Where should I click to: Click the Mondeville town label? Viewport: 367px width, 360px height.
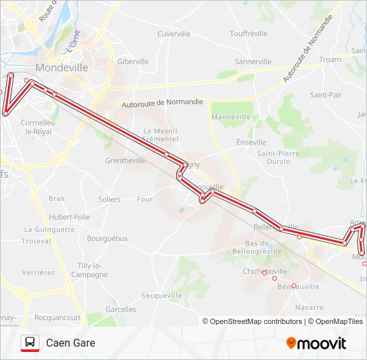(x=61, y=67)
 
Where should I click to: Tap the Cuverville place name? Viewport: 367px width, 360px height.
(x=174, y=33)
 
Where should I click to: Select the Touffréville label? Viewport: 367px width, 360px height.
(x=248, y=33)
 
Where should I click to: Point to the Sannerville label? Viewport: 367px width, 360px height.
(x=254, y=61)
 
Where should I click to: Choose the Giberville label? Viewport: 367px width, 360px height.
(x=133, y=61)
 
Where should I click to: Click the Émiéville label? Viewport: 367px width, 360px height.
(x=251, y=142)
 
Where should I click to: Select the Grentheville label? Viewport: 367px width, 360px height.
(x=125, y=161)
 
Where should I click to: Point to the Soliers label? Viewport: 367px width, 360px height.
(x=109, y=199)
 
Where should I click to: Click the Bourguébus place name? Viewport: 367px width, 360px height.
(x=107, y=238)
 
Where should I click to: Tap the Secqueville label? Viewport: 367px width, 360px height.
(x=161, y=295)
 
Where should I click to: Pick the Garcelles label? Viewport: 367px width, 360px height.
(x=121, y=309)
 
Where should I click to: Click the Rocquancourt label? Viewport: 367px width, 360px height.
(x=57, y=318)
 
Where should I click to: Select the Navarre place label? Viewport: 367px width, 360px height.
(x=309, y=307)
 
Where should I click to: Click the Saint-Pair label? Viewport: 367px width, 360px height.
(x=326, y=95)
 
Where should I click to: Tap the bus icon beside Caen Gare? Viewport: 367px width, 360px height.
(x=30, y=343)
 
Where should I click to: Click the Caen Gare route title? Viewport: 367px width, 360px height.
(x=71, y=343)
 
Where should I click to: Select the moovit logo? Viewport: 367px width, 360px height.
(x=316, y=343)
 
